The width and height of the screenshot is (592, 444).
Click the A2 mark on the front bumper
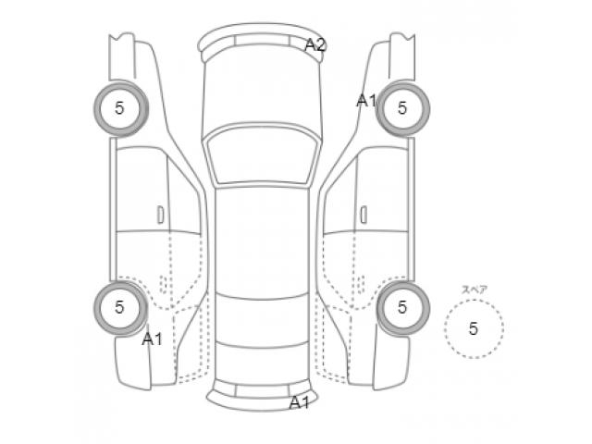[x=315, y=45]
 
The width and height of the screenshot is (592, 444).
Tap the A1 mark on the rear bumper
[x=299, y=403]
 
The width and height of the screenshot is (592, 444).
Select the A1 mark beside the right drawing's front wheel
[x=366, y=101]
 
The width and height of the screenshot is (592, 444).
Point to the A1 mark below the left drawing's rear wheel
[x=152, y=339]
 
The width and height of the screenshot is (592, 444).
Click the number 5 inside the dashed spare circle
[x=474, y=329]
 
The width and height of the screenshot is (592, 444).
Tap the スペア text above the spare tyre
[x=475, y=290]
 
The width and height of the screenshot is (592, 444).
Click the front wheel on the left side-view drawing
[x=120, y=109]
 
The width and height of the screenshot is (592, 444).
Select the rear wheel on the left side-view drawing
[x=120, y=308]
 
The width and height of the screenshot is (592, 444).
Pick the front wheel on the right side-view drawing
[x=403, y=109]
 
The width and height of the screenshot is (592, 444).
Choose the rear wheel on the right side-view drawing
[x=403, y=308]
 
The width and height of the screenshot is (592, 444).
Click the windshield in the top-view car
[x=262, y=155]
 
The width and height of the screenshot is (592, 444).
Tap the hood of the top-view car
[x=262, y=91]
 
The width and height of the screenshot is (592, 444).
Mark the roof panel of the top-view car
[x=262, y=241]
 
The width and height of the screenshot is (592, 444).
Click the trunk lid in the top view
[x=262, y=363]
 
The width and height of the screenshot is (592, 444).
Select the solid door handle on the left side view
[x=160, y=215]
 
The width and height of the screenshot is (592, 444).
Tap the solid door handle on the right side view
[x=364, y=215]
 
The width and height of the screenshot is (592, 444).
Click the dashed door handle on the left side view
[x=163, y=284]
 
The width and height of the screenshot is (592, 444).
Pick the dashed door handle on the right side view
[x=361, y=284]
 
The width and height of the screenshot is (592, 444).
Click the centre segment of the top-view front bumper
[x=262, y=40]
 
